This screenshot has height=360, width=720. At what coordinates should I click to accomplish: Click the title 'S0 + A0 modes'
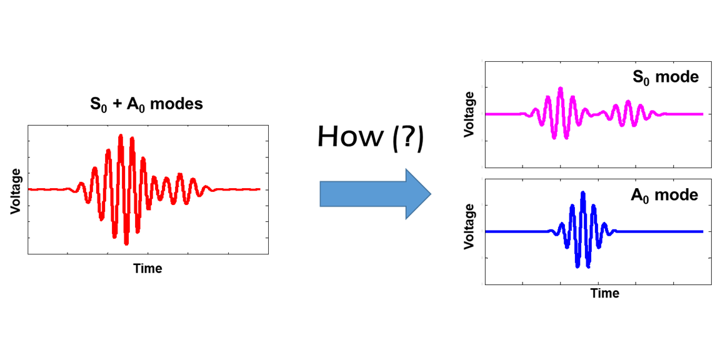click(x=147, y=104)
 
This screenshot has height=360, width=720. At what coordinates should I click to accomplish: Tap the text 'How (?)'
click(x=371, y=137)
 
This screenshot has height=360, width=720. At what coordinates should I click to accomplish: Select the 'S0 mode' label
click(x=666, y=77)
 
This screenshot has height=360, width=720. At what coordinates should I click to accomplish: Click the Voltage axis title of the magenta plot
click(x=470, y=114)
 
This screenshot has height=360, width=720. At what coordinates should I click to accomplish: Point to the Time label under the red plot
click(x=147, y=269)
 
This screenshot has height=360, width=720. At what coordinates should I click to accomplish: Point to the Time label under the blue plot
click(x=605, y=293)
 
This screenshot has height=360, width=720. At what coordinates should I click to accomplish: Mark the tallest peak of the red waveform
click(x=120, y=136)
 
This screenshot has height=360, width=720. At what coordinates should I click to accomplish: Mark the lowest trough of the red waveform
click(x=126, y=242)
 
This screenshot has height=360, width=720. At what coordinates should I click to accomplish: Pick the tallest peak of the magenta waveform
click(x=560, y=88)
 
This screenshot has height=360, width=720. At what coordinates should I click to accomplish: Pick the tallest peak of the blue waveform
click(x=583, y=193)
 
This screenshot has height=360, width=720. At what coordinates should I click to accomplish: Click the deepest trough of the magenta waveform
click(x=554, y=137)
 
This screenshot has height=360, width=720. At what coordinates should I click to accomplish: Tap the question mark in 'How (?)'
click(x=408, y=137)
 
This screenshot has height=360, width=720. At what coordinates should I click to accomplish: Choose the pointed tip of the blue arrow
click(x=431, y=194)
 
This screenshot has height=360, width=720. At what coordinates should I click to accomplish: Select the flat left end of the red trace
click(x=34, y=189)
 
